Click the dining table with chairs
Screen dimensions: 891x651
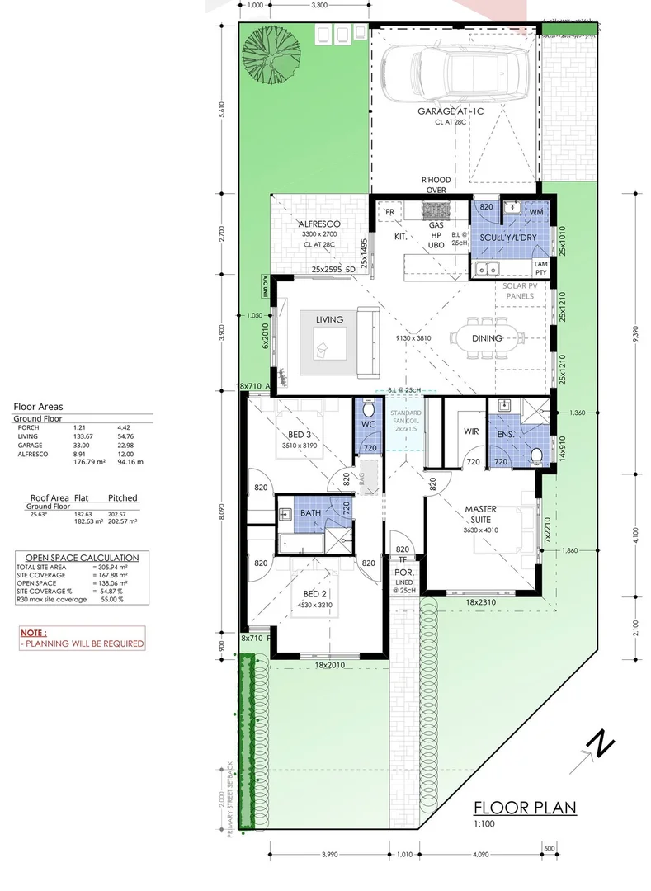(x=489, y=337)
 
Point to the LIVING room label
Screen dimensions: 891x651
(x=329, y=319)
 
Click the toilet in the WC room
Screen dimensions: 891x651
(x=369, y=409)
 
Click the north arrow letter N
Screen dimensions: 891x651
(x=601, y=744)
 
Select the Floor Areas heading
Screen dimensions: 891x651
(x=38, y=406)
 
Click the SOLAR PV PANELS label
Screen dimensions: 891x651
(x=519, y=290)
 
